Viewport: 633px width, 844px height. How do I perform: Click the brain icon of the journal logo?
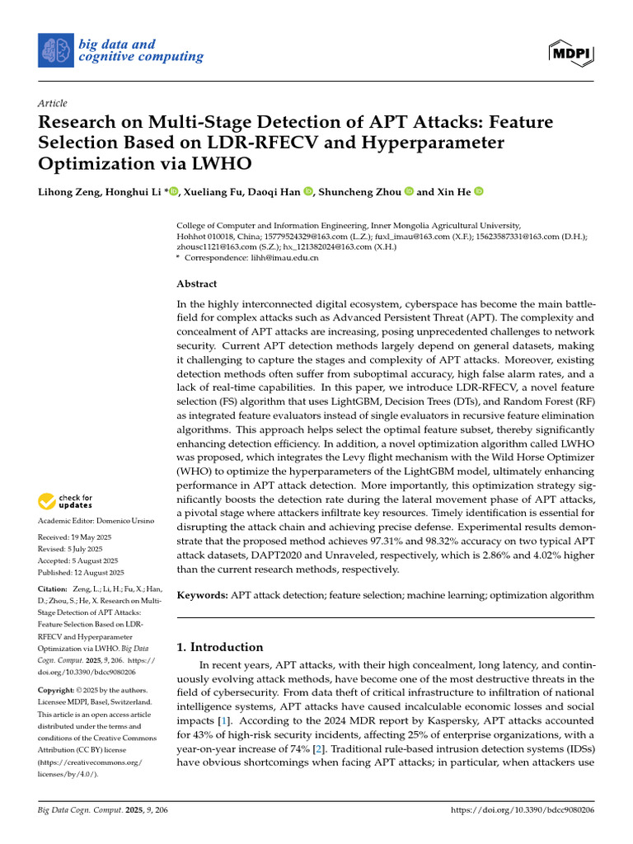point(55,50)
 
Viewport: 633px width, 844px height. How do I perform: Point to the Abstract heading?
point(197,284)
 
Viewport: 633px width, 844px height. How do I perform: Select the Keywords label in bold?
point(202,594)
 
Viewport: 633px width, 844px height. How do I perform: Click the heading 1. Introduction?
point(221,647)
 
